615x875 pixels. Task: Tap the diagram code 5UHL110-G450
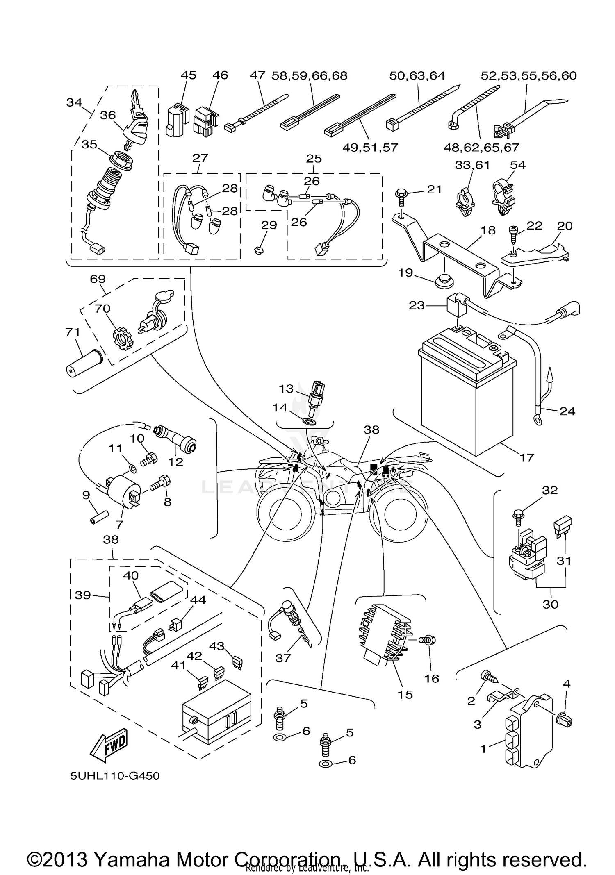[x=115, y=776]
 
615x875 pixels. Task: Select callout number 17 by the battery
[x=527, y=457]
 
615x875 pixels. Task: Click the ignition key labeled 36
[x=137, y=119]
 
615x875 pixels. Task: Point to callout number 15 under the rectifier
[x=405, y=694]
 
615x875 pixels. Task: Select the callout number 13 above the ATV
[x=287, y=388]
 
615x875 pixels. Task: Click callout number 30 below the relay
[x=550, y=604]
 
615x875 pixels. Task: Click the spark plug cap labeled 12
[x=180, y=444]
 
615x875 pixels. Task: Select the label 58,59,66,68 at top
[x=310, y=75]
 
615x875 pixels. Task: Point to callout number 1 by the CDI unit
[x=483, y=749]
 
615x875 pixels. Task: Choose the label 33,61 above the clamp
[x=472, y=165]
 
